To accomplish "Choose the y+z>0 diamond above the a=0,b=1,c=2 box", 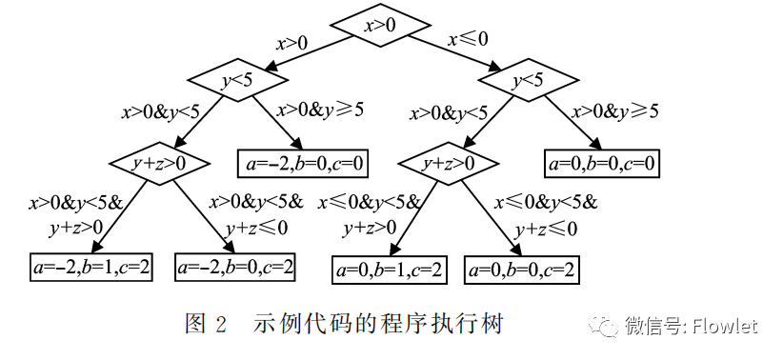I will pyautogui.click(x=449, y=163).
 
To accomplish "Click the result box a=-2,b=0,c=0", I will pyautogui.click(x=301, y=163).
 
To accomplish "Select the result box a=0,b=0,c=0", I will pyautogui.click(x=602, y=163).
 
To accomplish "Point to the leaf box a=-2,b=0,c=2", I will pyautogui.click(x=235, y=268).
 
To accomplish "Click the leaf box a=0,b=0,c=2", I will pyautogui.click(x=522, y=270).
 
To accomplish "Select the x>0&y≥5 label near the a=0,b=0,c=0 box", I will pyautogui.click(x=614, y=110).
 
